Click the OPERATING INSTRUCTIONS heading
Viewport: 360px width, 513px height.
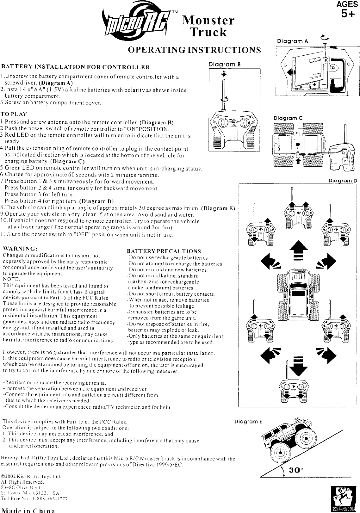point(194,50)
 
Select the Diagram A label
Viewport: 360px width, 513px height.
point(292,41)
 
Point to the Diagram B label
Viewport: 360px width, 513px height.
point(225,64)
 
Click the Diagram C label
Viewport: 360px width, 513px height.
point(288,118)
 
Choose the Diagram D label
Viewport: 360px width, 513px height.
point(343,181)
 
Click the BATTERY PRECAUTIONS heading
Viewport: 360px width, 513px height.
point(164,251)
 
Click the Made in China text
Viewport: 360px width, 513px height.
point(28,510)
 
